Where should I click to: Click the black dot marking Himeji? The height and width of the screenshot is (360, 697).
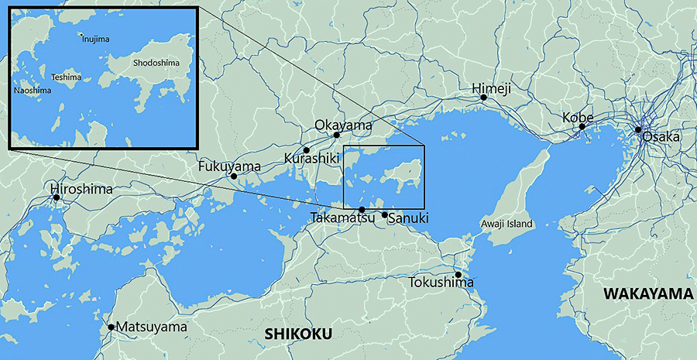[483, 98]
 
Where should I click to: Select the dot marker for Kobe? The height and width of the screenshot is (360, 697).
[582, 126]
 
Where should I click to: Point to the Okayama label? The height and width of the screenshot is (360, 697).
[343, 125]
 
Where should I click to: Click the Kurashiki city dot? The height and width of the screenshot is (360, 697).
[307, 149]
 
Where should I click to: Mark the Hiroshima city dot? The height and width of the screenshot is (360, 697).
[57, 197]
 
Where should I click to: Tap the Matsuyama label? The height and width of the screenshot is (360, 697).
[152, 327]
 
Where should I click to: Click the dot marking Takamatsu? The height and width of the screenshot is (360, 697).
[362, 210]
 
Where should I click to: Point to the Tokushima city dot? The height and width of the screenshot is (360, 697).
[458, 274]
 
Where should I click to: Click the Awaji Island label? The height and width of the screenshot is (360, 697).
[506, 224]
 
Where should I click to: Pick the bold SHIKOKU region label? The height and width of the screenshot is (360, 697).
[298, 334]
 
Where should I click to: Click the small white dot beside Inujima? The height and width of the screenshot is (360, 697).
[81, 35]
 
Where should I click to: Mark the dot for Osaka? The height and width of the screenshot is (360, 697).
[638, 130]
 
